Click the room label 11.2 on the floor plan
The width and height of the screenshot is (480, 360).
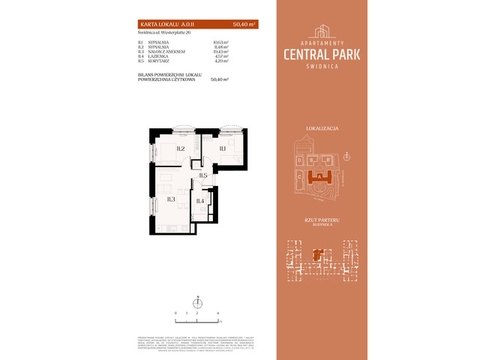point(181,148)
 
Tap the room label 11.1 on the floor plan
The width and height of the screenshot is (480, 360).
point(223,148)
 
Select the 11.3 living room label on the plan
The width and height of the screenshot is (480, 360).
point(171,199)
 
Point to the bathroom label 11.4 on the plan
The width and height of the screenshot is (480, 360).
point(200,200)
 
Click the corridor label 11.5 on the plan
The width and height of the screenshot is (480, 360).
point(203,175)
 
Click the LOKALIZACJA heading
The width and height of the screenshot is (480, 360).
point(323,129)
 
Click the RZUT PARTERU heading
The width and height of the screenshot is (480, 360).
point(323,219)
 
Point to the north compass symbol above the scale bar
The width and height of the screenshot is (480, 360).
point(197,302)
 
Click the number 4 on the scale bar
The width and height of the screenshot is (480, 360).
point(217,311)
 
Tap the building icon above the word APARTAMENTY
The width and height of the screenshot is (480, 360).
point(323,30)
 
